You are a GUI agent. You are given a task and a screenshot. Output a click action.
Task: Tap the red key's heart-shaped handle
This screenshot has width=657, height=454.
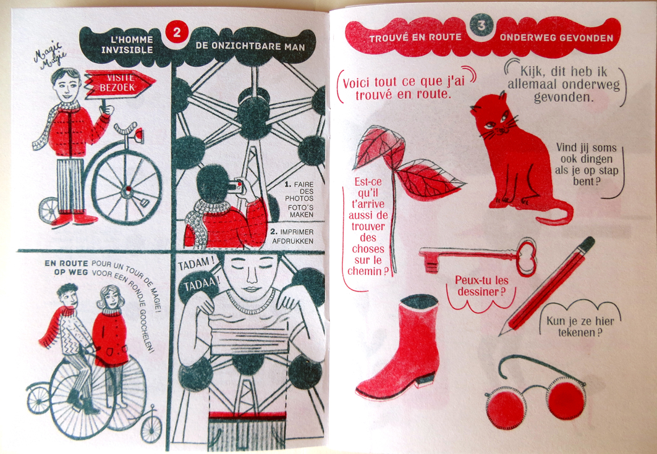point(527,258)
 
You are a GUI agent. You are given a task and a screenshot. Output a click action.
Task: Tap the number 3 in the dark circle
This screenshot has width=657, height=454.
point(481,26)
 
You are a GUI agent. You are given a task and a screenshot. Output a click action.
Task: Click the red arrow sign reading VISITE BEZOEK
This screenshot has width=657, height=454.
point(119,83)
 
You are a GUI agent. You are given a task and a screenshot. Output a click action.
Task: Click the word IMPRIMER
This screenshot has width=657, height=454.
point(297,232)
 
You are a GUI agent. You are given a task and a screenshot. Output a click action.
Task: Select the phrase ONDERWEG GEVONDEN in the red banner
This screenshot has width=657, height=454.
point(556,38)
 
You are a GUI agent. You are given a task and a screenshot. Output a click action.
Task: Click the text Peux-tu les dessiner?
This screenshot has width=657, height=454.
point(480,285)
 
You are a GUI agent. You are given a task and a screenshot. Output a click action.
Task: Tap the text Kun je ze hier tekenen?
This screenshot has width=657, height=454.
point(580,327)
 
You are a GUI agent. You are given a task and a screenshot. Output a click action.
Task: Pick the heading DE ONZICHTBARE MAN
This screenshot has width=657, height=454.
point(250,46)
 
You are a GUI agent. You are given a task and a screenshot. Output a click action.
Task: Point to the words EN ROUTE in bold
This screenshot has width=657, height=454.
point(66,263)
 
